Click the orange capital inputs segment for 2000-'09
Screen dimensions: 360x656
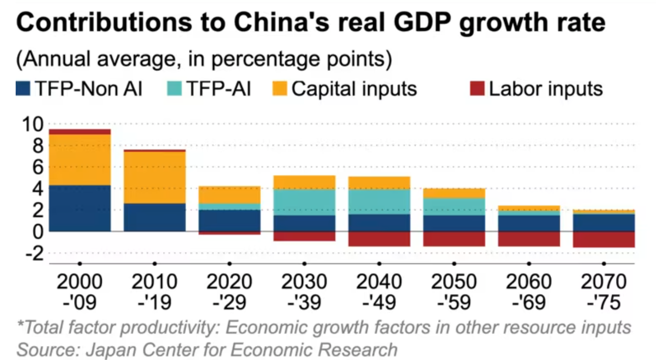pyautogui.click(x=80, y=160)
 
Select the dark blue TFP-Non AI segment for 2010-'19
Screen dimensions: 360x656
pyautogui.click(x=154, y=217)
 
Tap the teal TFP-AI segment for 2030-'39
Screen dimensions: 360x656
pyautogui.click(x=304, y=202)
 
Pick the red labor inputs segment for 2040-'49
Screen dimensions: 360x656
pyautogui.click(x=379, y=239)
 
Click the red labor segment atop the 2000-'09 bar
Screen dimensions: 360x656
pyautogui.click(x=80, y=132)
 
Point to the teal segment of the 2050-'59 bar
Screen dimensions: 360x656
pyautogui.click(x=454, y=207)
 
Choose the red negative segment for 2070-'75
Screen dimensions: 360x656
pyautogui.click(x=603, y=239)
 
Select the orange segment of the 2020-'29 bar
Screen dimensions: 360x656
pyautogui.click(x=229, y=195)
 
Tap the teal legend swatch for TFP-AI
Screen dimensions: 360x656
pyautogui.click(x=173, y=89)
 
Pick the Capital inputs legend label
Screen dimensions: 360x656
pyautogui.click(x=354, y=89)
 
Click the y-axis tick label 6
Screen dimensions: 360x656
pyautogui.click(x=37, y=167)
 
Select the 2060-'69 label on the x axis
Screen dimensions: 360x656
pyautogui.click(x=529, y=292)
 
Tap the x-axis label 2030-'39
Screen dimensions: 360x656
pyautogui.click(x=304, y=292)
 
